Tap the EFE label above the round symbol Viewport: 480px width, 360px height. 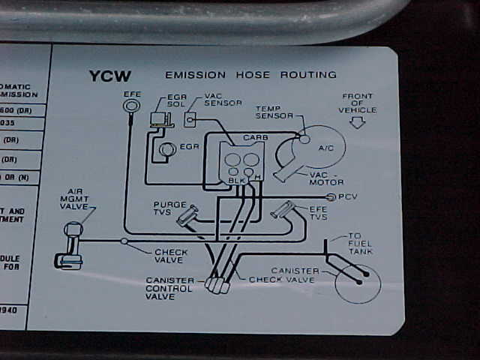[132, 94]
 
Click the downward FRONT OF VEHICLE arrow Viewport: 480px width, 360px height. [357, 123]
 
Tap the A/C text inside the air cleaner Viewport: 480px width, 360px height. [326, 148]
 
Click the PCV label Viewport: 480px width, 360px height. [349, 196]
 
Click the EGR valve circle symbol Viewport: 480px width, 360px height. [167, 149]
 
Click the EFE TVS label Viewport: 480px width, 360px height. [318, 212]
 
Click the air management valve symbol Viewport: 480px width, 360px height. [71, 244]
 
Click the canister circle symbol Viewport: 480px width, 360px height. [358, 281]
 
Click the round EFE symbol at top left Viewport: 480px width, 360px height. [130, 107]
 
